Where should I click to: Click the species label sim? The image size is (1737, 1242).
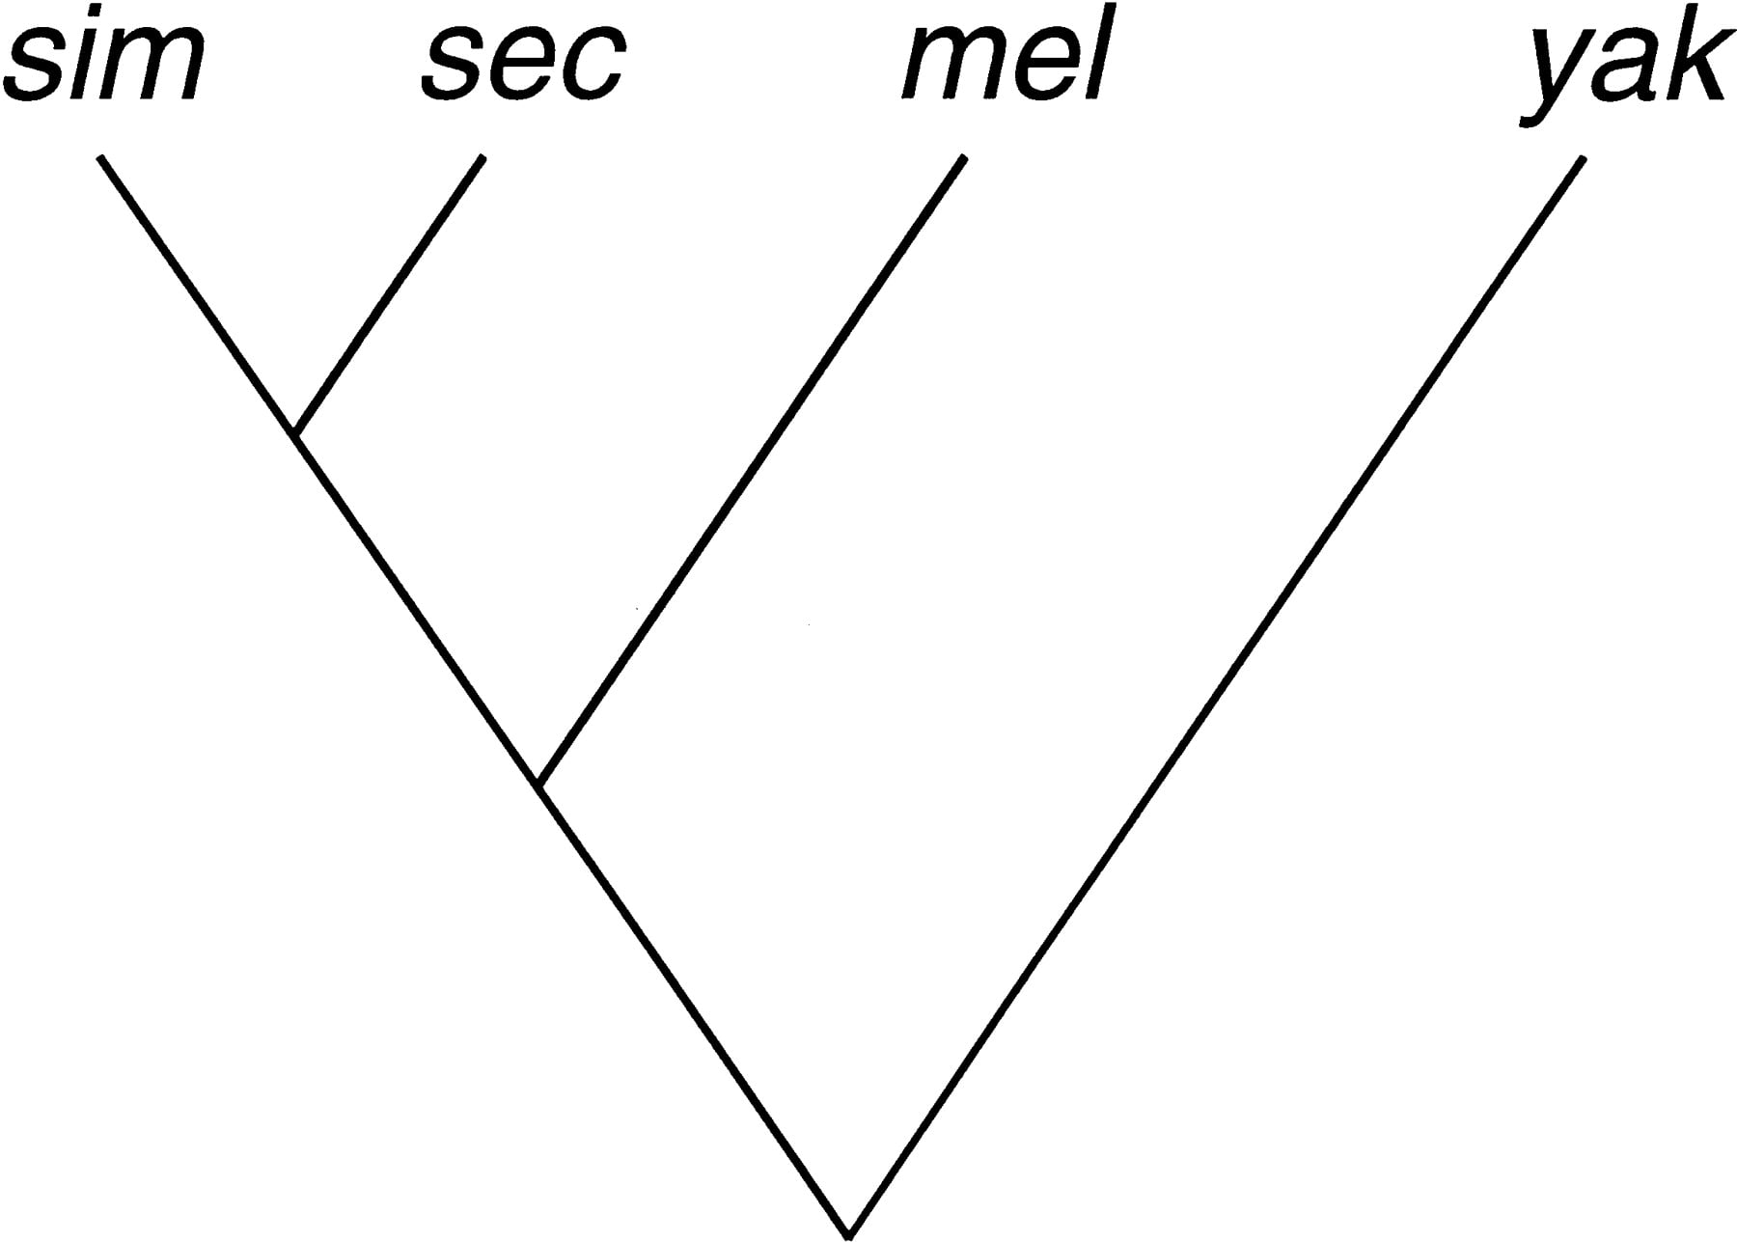click(104, 56)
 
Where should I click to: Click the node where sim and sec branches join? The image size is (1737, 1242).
click(296, 433)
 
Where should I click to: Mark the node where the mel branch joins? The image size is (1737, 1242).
click(540, 784)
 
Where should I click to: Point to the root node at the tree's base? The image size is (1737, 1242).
click(848, 1232)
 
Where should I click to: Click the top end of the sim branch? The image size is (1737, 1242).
click(99, 155)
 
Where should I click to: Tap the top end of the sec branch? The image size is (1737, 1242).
click(482, 156)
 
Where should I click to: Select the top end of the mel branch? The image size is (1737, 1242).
click(963, 156)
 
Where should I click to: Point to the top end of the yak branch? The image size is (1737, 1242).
click(1583, 158)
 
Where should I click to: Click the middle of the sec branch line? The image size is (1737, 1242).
click(389, 294)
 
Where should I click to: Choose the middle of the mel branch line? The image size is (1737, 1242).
click(752, 470)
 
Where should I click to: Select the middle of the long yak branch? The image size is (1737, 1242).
click(1216, 695)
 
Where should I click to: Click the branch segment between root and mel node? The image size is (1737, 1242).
click(695, 1008)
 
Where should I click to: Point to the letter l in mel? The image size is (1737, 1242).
click(1093, 54)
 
